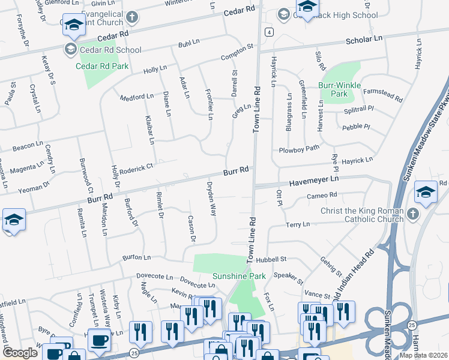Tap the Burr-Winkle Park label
click(x=339, y=89)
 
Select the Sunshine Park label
click(x=239, y=277)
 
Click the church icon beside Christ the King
click(x=412, y=214)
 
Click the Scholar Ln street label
click(x=364, y=38)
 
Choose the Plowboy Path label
click(x=299, y=149)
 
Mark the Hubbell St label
click(x=271, y=260)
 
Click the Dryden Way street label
click(x=211, y=199)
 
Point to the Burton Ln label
click(x=136, y=257)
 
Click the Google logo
click(x=20, y=353)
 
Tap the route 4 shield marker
click(x=271, y=31)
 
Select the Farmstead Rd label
click(x=381, y=95)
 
